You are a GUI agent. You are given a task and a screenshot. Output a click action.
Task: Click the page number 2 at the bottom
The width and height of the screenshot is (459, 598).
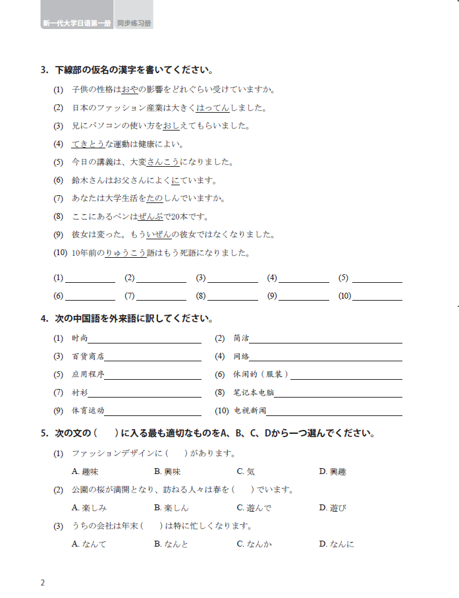pyautogui.click(x=43, y=583)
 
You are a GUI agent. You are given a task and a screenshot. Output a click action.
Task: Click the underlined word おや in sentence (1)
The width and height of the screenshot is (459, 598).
pyautogui.click(x=130, y=90)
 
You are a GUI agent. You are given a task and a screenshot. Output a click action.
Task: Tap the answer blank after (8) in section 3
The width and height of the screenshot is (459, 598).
pyautogui.click(x=234, y=296)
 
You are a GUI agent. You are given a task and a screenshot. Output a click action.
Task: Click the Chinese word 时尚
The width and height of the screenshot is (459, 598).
pyautogui.click(x=79, y=338)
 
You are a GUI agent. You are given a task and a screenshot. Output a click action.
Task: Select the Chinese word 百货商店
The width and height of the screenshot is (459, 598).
pyautogui.click(x=88, y=357)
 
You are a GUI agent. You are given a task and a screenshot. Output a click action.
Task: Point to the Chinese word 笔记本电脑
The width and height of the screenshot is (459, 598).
pyautogui.click(x=254, y=393)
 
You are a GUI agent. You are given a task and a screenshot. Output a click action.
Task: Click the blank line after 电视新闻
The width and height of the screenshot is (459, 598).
pyautogui.click(x=334, y=411)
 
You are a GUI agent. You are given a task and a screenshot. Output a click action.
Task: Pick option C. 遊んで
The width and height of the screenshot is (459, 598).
pyautogui.click(x=254, y=508)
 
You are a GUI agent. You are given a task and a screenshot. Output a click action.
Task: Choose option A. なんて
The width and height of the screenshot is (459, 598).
pyautogui.click(x=88, y=544)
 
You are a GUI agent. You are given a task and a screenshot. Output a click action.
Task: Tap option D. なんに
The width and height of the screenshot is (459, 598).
pyautogui.click(x=337, y=544)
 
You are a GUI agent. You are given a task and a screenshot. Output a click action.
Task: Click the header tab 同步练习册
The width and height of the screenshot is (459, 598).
pyautogui.click(x=134, y=23)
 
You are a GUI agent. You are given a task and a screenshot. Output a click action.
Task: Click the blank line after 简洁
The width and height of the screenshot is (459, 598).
pyautogui.click(x=325, y=339)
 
